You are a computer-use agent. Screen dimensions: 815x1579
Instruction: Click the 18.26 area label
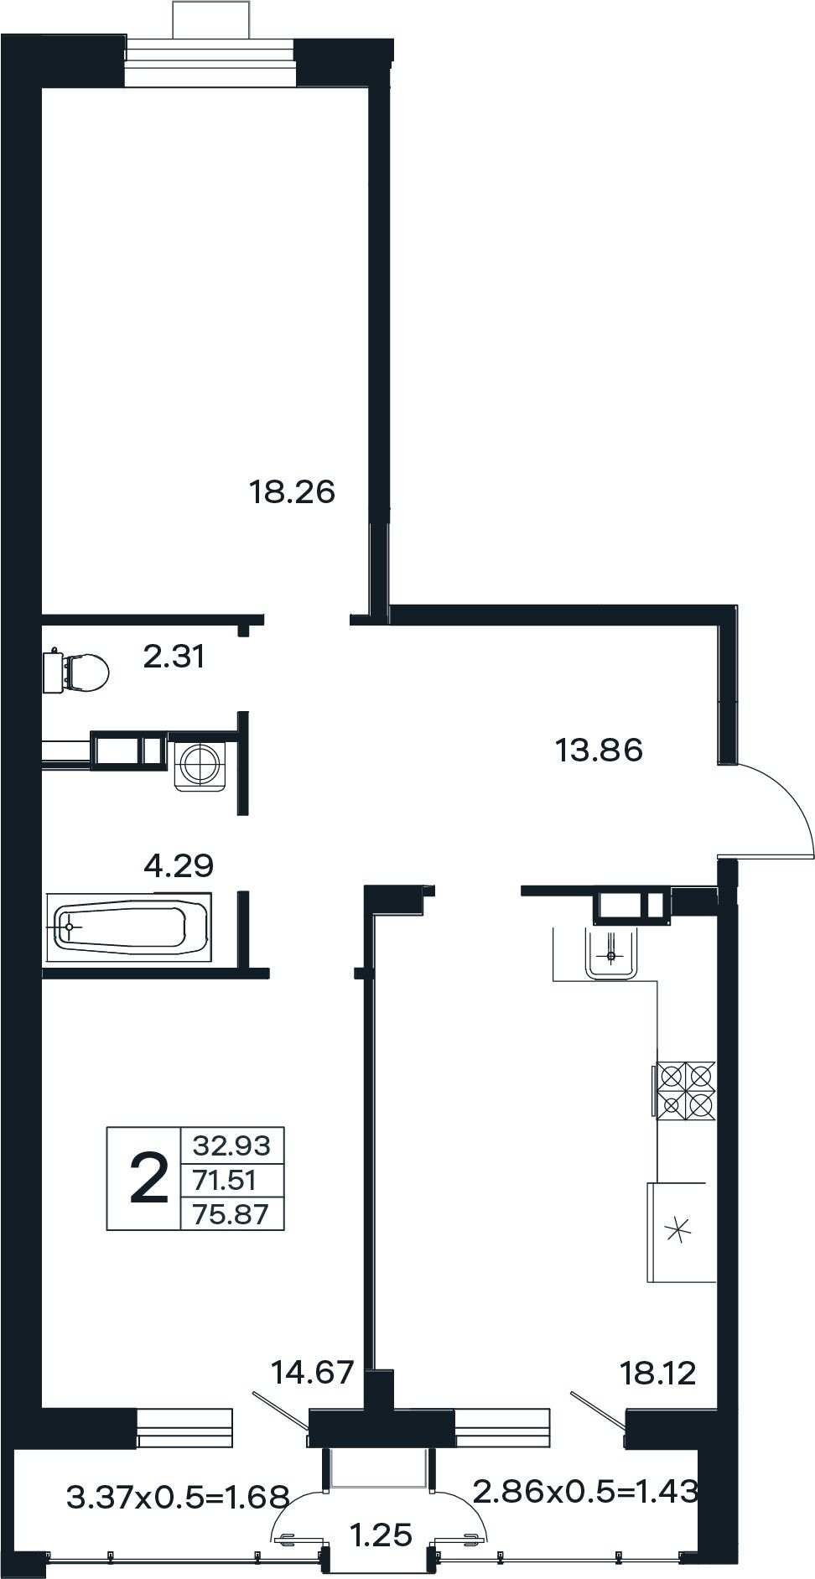point(292,491)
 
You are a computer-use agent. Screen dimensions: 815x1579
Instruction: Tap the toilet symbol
point(76,671)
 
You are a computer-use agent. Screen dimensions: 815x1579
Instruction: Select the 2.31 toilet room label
point(174,656)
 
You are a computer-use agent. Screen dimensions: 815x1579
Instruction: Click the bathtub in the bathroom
point(131,927)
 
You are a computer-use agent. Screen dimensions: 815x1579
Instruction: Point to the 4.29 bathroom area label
point(179,865)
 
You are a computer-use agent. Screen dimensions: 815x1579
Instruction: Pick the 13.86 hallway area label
point(600,749)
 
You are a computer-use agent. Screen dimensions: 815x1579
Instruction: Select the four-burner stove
point(685,1090)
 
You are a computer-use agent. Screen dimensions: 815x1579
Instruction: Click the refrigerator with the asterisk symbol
point(681,1230)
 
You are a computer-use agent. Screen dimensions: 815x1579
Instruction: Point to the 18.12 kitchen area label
point(658,1374)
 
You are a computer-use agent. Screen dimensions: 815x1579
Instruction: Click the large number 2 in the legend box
point(149,1177)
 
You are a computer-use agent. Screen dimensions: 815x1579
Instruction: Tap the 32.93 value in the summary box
point(232,1144)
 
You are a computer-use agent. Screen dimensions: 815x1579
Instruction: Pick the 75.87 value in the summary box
point(231,1213)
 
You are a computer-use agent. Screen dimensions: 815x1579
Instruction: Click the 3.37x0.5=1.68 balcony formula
point(178,1495)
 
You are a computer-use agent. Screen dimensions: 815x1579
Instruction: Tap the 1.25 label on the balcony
point(382,1535)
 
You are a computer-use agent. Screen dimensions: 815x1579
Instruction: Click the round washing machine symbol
point(202,761)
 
